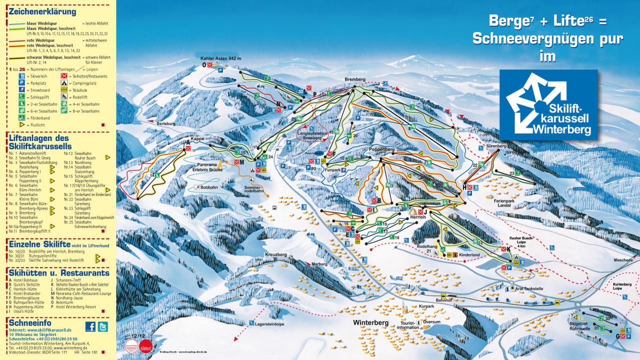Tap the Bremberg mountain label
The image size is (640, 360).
[x=355, y=79]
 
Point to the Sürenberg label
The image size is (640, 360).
[x=492, y=147]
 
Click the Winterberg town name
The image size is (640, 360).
[x=370, y=323]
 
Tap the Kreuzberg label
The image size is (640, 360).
[x=276, y=254]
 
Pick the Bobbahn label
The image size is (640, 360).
[x=209, y=187]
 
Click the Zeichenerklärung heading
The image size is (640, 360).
[x=42, y=11]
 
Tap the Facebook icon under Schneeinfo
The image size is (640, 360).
[x=90, y=326]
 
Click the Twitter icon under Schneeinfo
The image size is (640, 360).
[x=102, y=326]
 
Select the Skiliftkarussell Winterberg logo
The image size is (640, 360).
[x=548, y=104]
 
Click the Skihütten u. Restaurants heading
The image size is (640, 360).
[x=59, y=273]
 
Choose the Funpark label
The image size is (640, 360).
[x=332, y=170]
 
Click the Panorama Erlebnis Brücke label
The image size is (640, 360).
[x=209, y=167]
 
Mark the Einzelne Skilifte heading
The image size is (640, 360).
[x=40, y=243]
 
